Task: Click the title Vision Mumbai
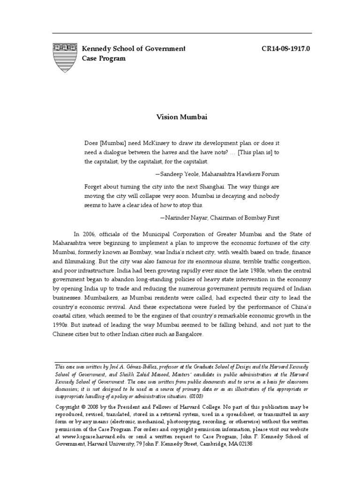point(180,118)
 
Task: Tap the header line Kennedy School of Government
point(134,49)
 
